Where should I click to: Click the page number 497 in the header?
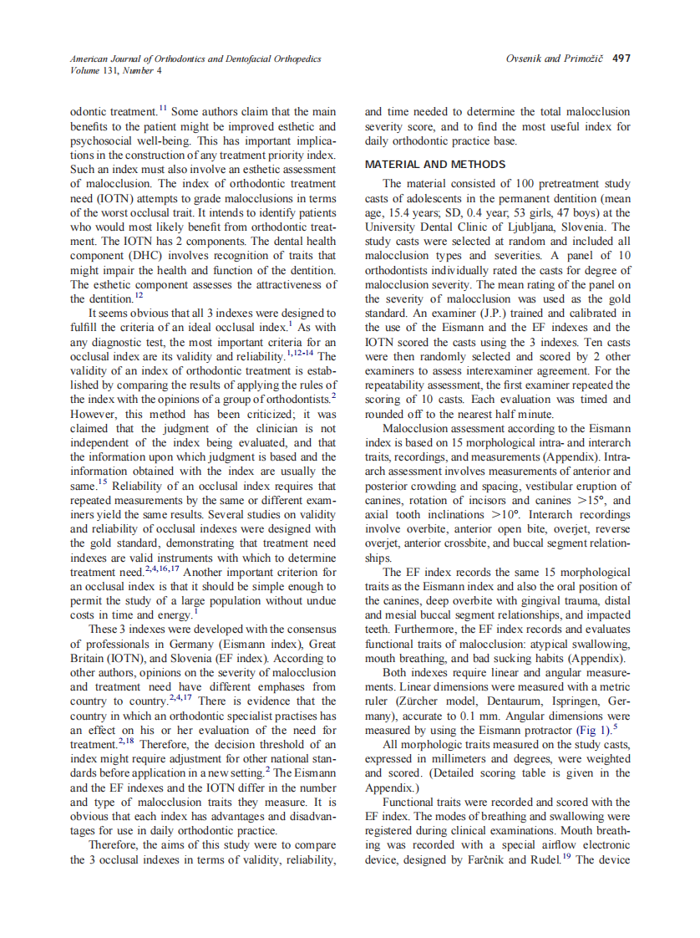click(x=621, y=59)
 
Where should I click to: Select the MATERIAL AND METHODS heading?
click(x=434, y=164)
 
